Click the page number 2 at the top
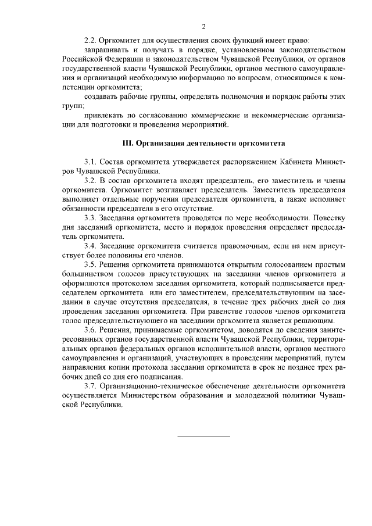(x=203, y=26)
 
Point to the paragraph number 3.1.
(x=91, y=161)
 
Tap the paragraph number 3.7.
(x=91, y=385)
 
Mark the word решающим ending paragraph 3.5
(x=316, y=320)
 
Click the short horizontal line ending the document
(x=203, y=436)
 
